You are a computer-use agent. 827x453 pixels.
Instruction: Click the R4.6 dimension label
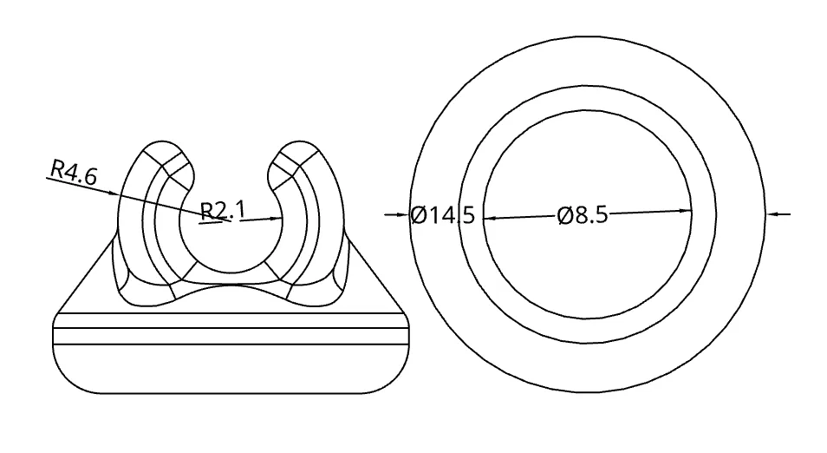pyautogui.click(x=74, y=173)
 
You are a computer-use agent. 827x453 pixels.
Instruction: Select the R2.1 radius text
pyautogui.click(x=223, y=211)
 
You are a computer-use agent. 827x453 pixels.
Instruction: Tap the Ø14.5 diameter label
pyautogui.click(x=442, y=215)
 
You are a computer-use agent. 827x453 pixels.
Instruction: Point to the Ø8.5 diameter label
pyautogui.click(x=583, y=215)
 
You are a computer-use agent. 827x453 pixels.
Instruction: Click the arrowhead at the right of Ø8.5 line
pyautogui.click(x=685, y=211)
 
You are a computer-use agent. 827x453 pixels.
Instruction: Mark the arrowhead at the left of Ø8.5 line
pyautogui.click(x=490, y=218)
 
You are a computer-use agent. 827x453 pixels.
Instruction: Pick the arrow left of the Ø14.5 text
pyautogui.click(x=397, y=214)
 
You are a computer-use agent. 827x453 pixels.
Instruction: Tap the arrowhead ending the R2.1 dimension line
pyautogui.click(x=276, y=218)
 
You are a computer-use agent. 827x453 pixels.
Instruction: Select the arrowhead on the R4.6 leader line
pyautogui.click(x=113, y=194)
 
